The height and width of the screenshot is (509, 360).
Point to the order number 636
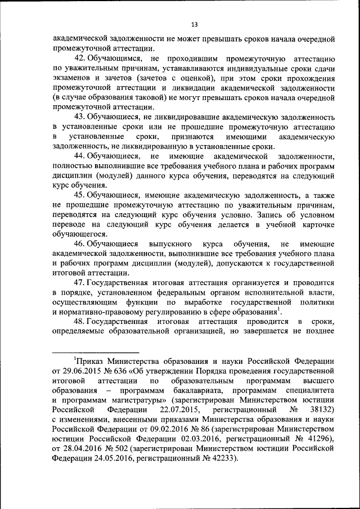[x=121, y=371]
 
